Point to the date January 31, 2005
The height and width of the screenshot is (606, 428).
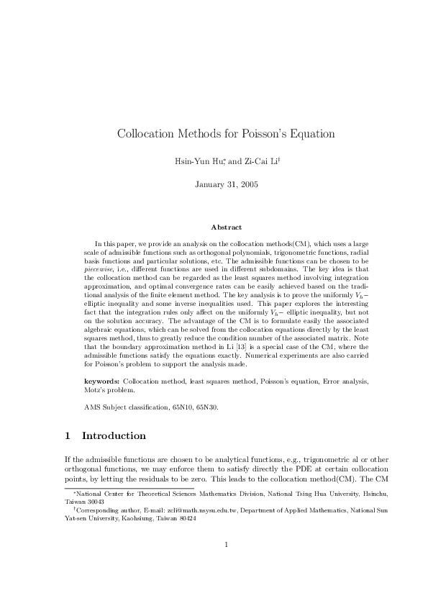(x=227, y=184)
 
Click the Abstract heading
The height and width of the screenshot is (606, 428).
(x=227, y=228)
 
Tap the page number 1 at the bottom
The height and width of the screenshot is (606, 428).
(x=226, y=565)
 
